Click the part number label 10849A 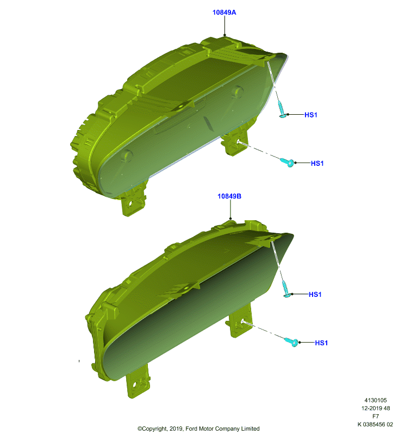click(x=224, y=13)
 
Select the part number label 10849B click(x=229, y=196)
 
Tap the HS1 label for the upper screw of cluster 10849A click(x=310, y=115)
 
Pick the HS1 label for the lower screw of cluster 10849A click(x=317, y=164)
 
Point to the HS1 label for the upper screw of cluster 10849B click(x=315, y=294)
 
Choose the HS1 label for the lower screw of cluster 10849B click(x=321, y=343)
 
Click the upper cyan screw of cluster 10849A click(x=282, y=110)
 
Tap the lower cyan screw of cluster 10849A click(x=287, y=162)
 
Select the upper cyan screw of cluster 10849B click(x=286, y=289)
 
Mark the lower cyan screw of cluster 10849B click(x=292, y=342)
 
